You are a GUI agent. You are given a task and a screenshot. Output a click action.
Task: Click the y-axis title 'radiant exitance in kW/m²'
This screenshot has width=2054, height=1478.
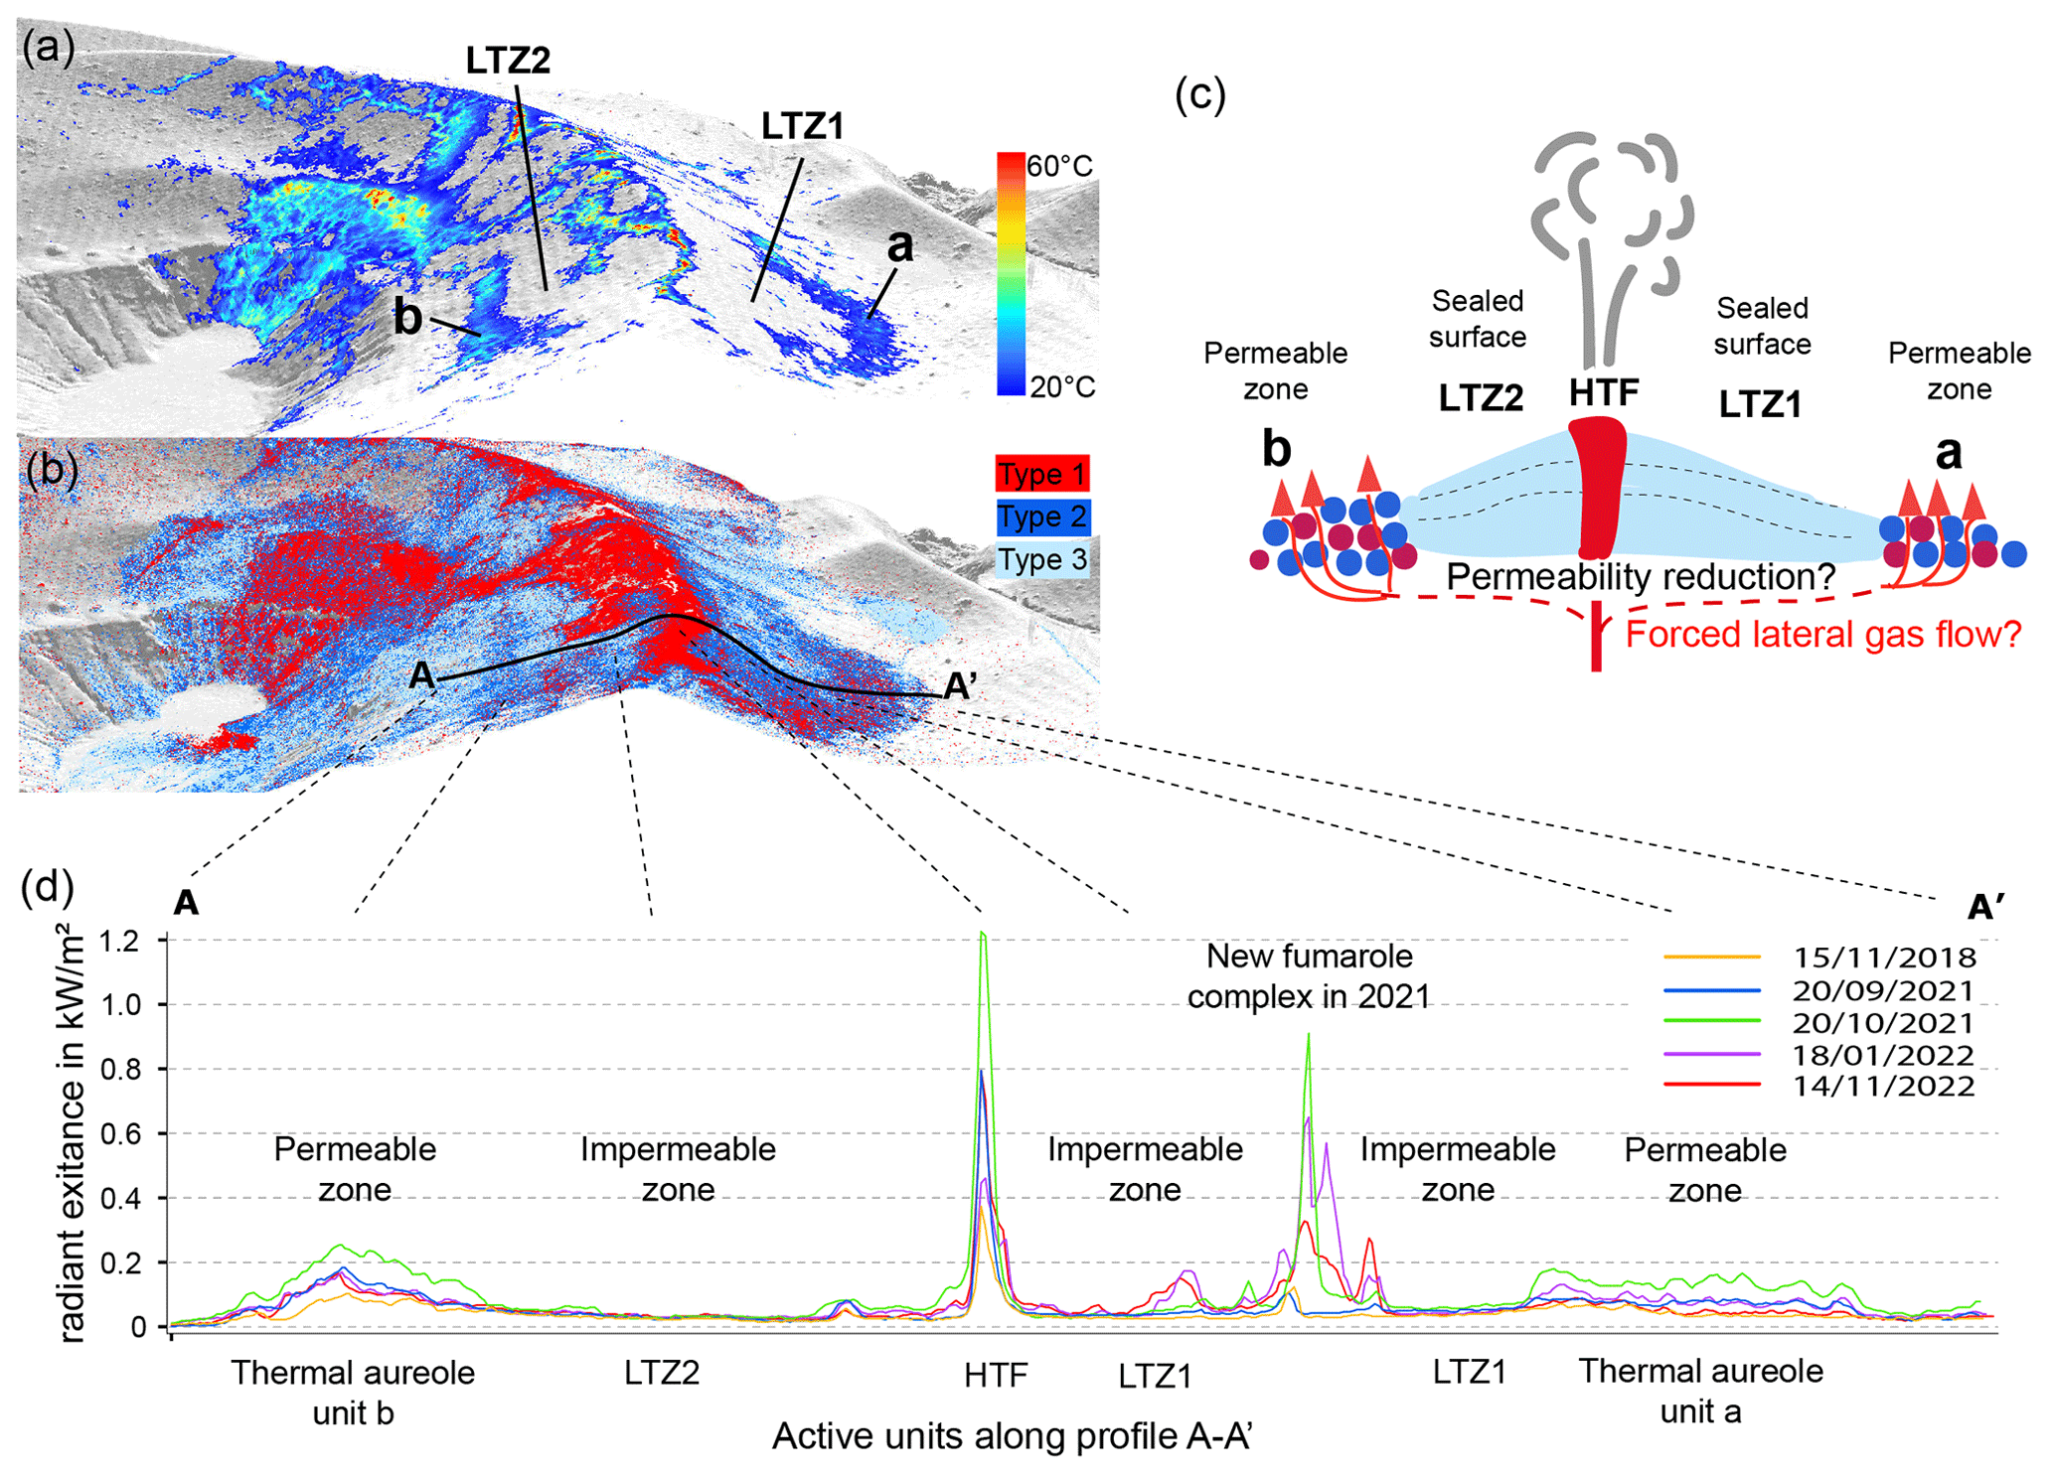pyautogui.click(x=72, y=1132)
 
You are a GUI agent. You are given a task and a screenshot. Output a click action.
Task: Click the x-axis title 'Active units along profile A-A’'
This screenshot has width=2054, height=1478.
pyautogui.click(x=1012, y=1436)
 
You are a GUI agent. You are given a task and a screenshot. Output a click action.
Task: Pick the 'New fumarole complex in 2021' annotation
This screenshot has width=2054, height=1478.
pyautogui.click(x=1308, y=975)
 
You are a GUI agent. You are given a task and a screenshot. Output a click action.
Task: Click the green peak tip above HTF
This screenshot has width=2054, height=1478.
pyautogui.click(x=982, y=933)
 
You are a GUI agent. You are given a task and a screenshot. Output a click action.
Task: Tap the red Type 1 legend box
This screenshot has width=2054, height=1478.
pyautogui.click(x=1041, y=474)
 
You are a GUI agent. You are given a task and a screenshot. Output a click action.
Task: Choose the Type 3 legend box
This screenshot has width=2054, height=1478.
pyautogui.click(x=1041, y=560)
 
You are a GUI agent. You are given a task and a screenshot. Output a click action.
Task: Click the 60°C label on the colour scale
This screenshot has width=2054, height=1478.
pyautogui.click(x=1059, y=166)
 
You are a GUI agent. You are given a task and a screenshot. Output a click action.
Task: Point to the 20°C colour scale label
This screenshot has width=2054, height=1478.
pyautogui.click(x=1061, y=386)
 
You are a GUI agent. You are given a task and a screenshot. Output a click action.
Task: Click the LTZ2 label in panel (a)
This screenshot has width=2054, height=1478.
pyautogui.click(x=508, y=61)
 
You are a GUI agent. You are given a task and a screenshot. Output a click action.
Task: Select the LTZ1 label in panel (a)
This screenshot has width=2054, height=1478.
pyautogui.click(x=802, y=126)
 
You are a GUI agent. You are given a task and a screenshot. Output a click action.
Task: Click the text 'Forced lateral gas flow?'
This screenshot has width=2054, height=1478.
pyautogui.click(x=1822, y=634)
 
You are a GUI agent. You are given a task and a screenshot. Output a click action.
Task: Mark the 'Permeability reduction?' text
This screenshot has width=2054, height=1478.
pyautogui.click(x=1640, y=576)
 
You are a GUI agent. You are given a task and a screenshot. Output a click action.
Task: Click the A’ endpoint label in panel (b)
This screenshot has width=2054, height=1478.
pyautogui.click(x=959, y=685)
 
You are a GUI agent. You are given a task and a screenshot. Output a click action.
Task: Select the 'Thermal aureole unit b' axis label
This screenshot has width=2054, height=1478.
pyautogui.click(x=353, y=1392)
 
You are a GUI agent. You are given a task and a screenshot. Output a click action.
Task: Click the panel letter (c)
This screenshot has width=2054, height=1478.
pyautogui.click(x=1200, y=94)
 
